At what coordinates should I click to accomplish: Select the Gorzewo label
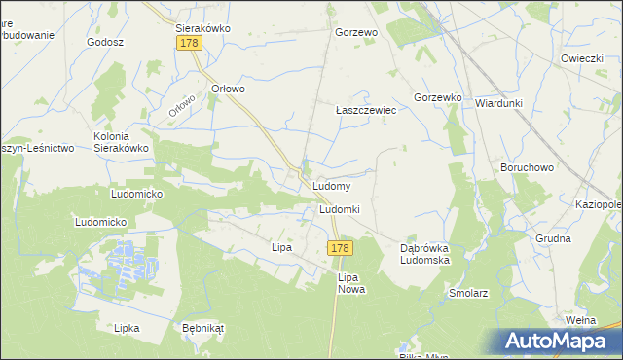[355, 32]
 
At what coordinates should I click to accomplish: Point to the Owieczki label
[582, 58]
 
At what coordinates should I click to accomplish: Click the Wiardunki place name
[499, 102]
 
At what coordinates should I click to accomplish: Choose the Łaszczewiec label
[365, 110]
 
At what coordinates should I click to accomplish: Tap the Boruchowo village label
[527, 167]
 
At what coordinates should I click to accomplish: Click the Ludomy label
[332, 185]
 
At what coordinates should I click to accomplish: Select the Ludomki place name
[340, 209]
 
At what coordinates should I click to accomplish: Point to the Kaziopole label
[599, 205]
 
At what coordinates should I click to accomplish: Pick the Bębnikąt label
[203, 328]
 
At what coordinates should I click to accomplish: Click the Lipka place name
[127, 328]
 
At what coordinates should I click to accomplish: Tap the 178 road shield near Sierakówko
[189, 44]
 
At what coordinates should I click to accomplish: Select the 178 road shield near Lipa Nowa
[339, 249]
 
